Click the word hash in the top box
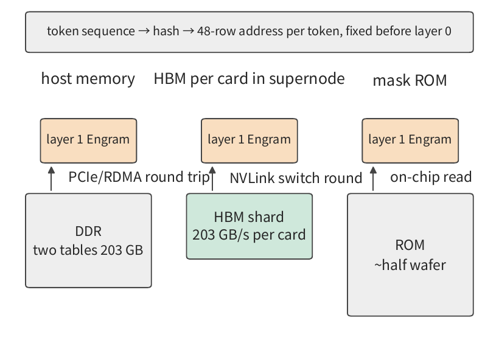pos(166,31)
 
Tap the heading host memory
pos(88,78)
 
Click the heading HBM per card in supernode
pos(249,78)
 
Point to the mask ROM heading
pos(410,80)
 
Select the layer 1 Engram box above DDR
pos(88,140)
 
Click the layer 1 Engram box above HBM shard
pos(249,140)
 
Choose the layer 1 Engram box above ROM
pos(410,140)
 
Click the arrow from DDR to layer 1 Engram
pos(51,179)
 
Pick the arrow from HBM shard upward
pos(212,179)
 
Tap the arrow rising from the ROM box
pos(373,179)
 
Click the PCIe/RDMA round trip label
pos(139,177)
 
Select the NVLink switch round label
pos(296,178)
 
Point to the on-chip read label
pos(431,177)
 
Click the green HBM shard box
pos(249,226)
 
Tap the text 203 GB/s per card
pos(249,235)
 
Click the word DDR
pos(88,231)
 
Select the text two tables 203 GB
pos(88,250)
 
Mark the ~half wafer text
pos(410,265)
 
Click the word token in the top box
pos(63,31)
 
